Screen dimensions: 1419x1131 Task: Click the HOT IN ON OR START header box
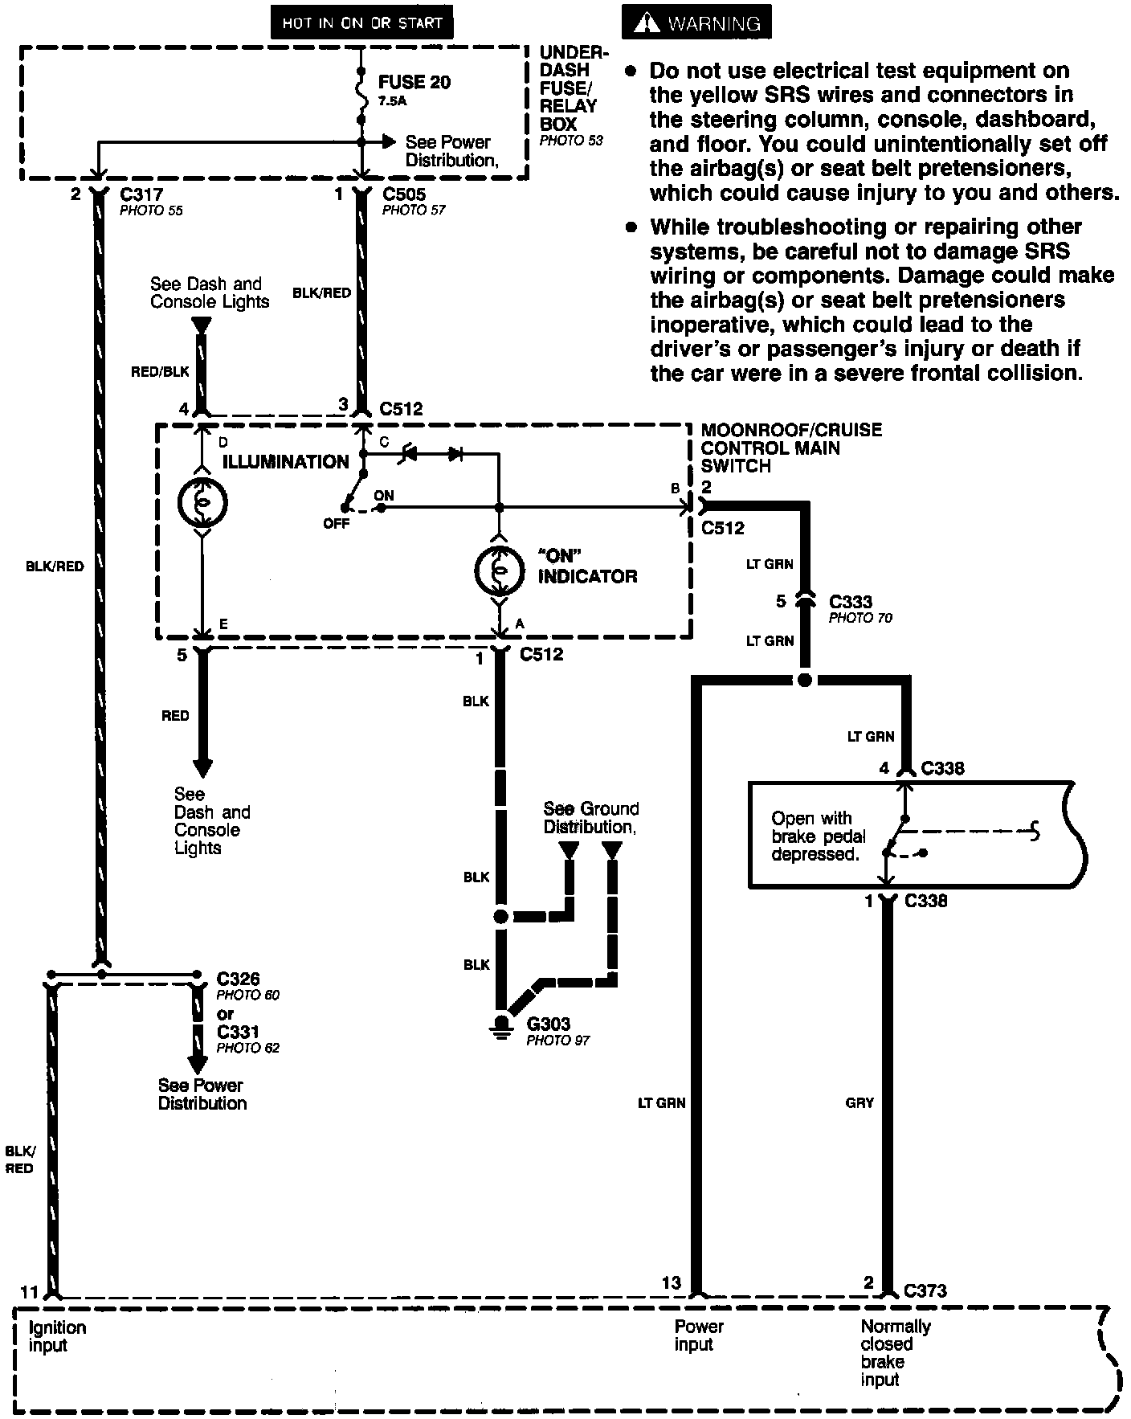click(x=361, y=23)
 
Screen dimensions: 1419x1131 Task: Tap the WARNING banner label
click(x=696, y=23)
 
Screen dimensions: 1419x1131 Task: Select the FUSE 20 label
click(x=414, y=82)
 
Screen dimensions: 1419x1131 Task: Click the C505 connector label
click(x=404, y=194)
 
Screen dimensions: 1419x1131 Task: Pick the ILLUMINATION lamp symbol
click(x=202, y=504)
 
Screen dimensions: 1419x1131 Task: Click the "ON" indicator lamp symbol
click(x=499, y=570)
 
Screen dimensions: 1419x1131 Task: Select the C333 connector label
click(x=851, y=601)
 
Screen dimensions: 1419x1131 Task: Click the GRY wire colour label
click(x=859, y=1103)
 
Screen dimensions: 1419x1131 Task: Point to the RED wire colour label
click(x=175, y=716)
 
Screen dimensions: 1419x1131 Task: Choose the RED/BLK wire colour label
click(x=160, y=371)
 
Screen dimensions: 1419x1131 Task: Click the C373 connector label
click(x=925, y=1290)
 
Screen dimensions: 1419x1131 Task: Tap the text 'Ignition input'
click(x=56, y=1336)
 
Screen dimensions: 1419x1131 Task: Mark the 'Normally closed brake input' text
click(x=894, y=1353)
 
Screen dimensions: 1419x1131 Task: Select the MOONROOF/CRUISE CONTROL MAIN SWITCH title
click(x=790, y=448)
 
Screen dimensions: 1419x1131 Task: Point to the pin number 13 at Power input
click(x=672, y=1283)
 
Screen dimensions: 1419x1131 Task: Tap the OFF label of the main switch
click(x=337, y=524)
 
